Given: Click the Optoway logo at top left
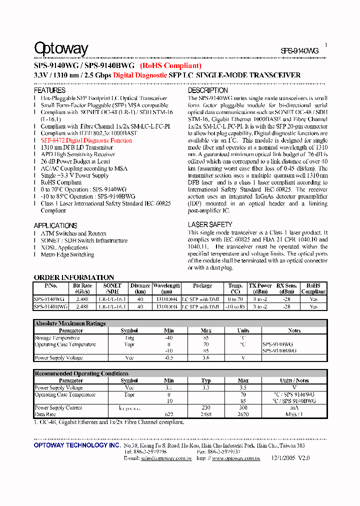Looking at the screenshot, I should tap(60, 48).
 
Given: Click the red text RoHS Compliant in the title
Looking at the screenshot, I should tap(170, 65).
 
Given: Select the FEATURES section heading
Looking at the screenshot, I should tap(49, 90).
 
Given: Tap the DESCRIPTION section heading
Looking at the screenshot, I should tap(207, 90).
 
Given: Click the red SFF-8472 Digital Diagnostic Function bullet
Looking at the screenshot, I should tap(86, 141).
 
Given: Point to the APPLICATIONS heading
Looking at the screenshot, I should tap(55, 225).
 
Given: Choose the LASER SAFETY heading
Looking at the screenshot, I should tap(210, 225).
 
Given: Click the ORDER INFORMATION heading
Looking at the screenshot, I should tap(74, 277).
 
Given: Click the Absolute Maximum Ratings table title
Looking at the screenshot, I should tap(70, 323).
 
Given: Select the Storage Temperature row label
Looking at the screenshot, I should tap(57, 338).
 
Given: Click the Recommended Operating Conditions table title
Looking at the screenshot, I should tap(81, 373).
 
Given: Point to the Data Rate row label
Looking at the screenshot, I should tap(45, 414).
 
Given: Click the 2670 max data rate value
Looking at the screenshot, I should tap(243, 414).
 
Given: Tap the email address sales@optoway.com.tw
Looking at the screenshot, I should tap(166, 458).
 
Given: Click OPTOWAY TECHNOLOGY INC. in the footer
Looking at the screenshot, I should tap(76, 445).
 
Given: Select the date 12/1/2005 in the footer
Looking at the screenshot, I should tap(283, 458).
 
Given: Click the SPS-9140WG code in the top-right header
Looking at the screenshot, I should tap(299, 50).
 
